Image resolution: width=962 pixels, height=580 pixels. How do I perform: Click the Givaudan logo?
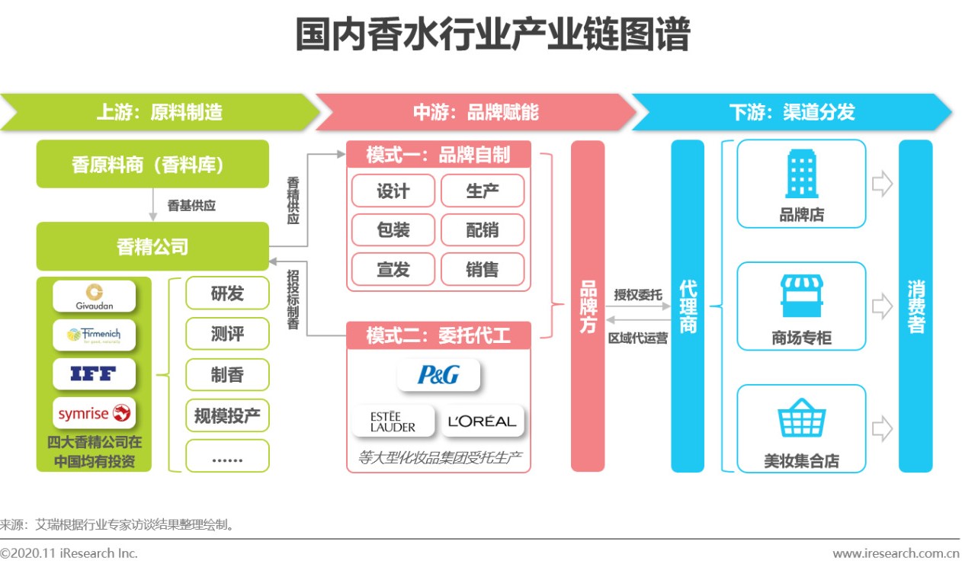(94, 296)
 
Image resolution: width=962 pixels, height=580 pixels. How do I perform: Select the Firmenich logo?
(94, 335)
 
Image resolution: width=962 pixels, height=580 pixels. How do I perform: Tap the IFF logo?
(94, 373)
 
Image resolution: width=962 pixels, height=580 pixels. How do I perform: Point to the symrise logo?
(94, 413)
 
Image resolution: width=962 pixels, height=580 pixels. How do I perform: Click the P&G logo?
(438, 374)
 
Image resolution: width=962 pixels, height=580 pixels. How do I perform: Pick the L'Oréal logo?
(483, 421)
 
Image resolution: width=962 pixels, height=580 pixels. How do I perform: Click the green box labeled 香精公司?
(152, 247)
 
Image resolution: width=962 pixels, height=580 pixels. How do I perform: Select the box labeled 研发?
(227, 293)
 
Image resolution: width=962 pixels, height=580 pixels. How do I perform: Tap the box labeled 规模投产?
(227, 415)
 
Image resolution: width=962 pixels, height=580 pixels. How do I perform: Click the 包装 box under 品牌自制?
(393, 229)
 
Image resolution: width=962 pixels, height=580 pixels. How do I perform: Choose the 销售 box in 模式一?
(482, 269)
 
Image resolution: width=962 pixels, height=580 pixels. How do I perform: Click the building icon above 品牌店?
(801, 175)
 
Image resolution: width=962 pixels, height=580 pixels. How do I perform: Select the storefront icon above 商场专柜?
(801, 296)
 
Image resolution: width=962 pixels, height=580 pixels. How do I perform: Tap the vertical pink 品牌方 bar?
(588, 306)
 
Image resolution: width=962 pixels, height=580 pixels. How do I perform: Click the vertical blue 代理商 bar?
(687, 306)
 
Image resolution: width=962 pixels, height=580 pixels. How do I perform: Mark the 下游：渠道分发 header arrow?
(791, 113)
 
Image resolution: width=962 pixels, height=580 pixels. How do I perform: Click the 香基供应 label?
(191, 206)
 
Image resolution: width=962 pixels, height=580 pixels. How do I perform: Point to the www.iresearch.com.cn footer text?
(895, 554)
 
